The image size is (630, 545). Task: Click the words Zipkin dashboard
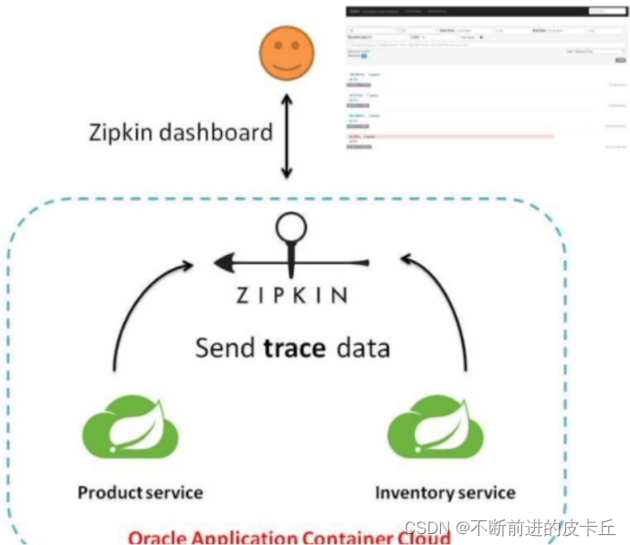(x=181, y=131)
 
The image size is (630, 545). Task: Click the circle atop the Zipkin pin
(x=291, y=225)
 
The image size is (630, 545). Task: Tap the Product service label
(x=140, y=493)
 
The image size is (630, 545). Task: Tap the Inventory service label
(x=445, y=493)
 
